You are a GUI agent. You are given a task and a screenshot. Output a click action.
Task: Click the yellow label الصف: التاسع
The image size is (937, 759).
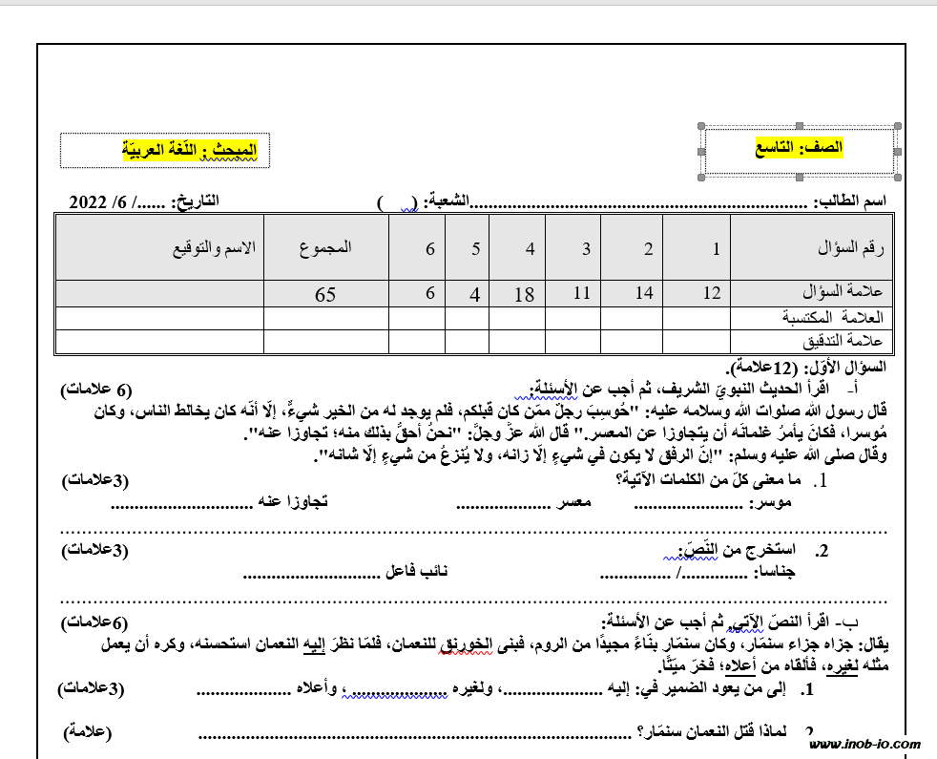click(801, 149)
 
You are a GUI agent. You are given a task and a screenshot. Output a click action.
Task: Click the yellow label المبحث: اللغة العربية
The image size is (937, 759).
click(190, 149)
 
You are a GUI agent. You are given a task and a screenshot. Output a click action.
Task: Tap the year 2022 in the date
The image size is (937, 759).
click(89, 201)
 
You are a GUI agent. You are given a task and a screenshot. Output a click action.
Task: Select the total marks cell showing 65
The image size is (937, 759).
click(325, 294)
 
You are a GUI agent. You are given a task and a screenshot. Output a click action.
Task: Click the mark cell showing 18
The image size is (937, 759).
click(524, 294)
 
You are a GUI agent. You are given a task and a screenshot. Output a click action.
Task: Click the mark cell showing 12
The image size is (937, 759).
click(711, 293)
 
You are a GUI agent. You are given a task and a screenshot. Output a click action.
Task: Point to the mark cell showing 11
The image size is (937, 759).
click(581, 293)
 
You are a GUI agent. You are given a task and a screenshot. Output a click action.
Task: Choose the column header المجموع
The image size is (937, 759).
click(325, 247)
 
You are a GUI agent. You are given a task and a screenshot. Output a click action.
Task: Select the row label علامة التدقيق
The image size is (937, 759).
click(846, 341)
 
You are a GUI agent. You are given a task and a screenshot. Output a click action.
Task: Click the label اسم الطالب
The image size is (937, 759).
click(850, 201)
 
